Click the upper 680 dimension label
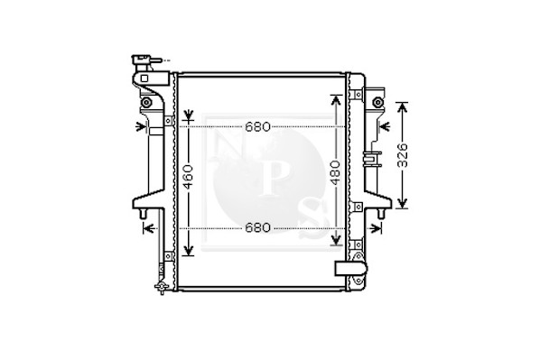(x=258, y=127)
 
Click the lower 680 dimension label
(x=258, y=228)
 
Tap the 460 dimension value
(x=188, y=177)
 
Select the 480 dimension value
(x=336, y=172)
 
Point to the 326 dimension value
(x=402, y=155)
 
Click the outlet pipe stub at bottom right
(x=350, y=269)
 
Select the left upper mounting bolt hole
(x=146, y=102)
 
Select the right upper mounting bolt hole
(x=377, y=102)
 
